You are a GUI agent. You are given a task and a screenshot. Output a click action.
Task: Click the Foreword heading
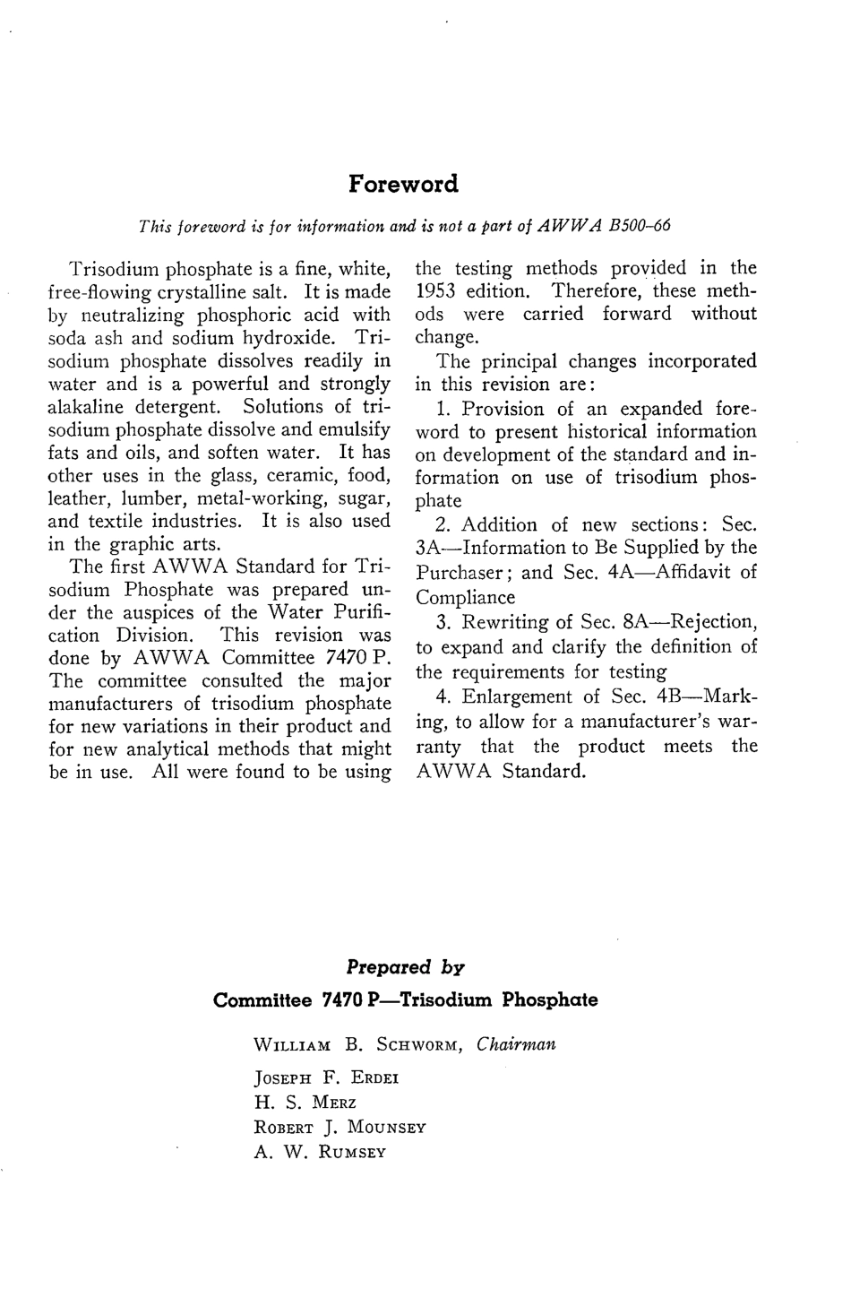click(x=403, y=184)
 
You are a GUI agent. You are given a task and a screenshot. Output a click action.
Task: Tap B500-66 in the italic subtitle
click(x=640, y=226)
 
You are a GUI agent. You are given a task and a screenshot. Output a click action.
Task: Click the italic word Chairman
click(x=516, y=1044)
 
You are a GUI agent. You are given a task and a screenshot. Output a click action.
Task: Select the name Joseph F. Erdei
click(x=326, y=1078)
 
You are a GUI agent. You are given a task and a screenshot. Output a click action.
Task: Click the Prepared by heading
click(x=405, y=967)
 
